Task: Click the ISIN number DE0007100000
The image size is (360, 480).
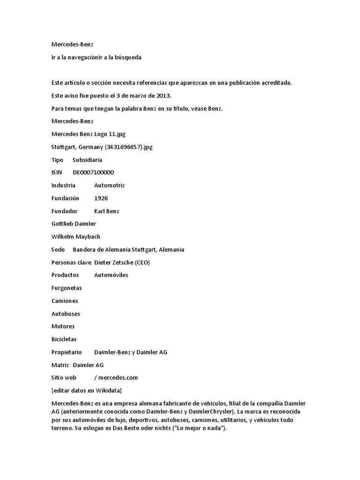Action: (93, 172)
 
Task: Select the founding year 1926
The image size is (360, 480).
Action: (101, 198)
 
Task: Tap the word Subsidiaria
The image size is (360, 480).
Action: (87, 160)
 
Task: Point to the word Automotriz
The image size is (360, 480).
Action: (110, 186)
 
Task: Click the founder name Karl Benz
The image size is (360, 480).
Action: (107, 211)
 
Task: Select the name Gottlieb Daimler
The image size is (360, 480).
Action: (74, 224)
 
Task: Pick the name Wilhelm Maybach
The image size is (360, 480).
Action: (75, 237)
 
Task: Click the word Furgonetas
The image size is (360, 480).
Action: (67, 288)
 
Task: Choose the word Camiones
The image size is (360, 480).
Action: (65, 301)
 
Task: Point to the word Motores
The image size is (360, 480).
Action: (63, 326)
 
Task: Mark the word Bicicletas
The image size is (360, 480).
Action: (64, 339)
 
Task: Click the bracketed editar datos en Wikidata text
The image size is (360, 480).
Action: (87, 390)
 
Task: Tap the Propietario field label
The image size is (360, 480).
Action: (67, 352)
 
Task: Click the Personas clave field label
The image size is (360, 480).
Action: (71, 262)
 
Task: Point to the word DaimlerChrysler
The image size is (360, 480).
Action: (209, 412)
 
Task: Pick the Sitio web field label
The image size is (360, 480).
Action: (64, 377)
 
